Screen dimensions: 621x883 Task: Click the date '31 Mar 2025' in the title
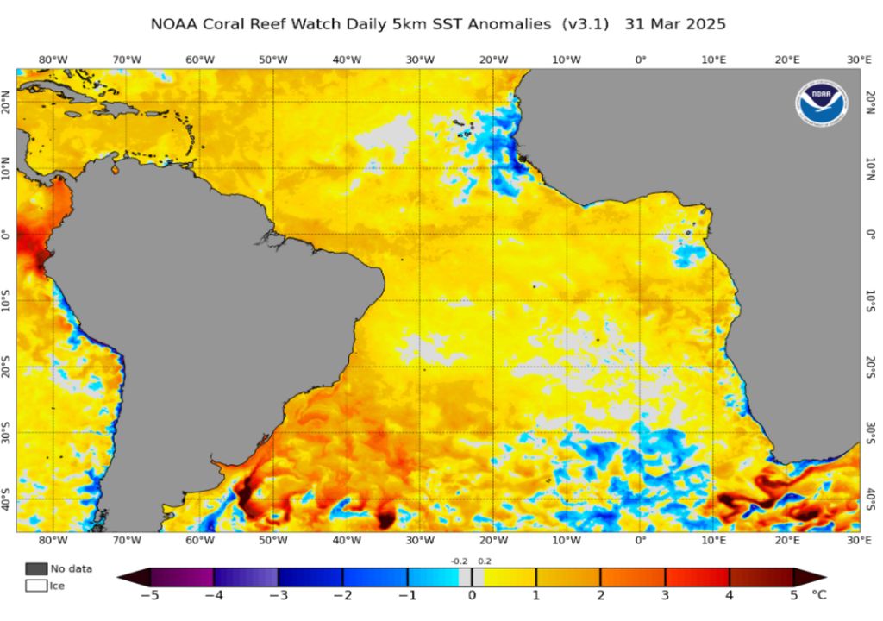679,24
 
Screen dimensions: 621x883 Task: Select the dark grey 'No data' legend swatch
36,568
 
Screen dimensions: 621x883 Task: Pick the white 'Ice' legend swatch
36,586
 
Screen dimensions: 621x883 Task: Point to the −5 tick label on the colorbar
150,594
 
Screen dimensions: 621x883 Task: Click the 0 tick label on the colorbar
472,594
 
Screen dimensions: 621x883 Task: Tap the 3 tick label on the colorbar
665,594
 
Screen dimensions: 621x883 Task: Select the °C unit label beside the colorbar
820,594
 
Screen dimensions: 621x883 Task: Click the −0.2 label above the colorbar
458,561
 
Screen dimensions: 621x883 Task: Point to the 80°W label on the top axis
53,59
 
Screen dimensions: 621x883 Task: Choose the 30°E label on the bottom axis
858,540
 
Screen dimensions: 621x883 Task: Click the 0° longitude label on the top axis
640,59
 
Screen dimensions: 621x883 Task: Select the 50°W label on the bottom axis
273,540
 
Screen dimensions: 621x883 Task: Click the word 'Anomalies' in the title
509,24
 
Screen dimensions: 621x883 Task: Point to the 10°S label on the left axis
7,300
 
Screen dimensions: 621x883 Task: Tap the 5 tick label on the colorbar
793,594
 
